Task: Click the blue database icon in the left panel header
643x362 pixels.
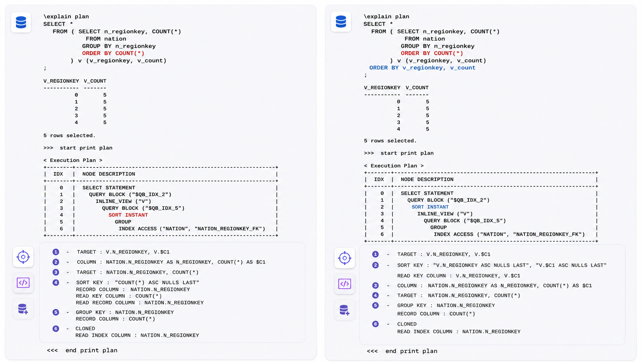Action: pos(21,22)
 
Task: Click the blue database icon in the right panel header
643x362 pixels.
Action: pos(341,22)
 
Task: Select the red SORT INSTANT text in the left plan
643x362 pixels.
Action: pos(128,215)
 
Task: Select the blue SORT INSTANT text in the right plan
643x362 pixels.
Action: pos(430,207)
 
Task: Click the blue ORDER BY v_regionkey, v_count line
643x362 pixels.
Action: pos(422,68)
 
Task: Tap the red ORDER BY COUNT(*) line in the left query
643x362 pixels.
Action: pos(113,53)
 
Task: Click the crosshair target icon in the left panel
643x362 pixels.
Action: pos(23,257)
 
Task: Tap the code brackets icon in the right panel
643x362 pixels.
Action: pos(345,284)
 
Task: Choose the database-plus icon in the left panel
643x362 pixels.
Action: pos(23,309)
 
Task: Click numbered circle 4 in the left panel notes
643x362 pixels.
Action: pos(56,282)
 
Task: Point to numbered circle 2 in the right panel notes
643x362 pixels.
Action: pos(375,265)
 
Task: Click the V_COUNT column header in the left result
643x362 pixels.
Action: pos(95,81)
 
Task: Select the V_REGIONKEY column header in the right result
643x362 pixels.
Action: pos(382,88)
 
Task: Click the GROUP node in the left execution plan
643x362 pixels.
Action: pos(123,222)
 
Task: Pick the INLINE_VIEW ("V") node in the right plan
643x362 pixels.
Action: pos(445,214)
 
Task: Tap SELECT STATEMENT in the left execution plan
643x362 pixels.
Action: pos(109,188)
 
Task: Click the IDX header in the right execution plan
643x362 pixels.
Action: pos(379,179)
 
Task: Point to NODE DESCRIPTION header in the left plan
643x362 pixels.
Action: pos(109,174)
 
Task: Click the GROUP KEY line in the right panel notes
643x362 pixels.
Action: pos(446,305)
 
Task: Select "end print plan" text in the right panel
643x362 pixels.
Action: pos(411,351)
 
